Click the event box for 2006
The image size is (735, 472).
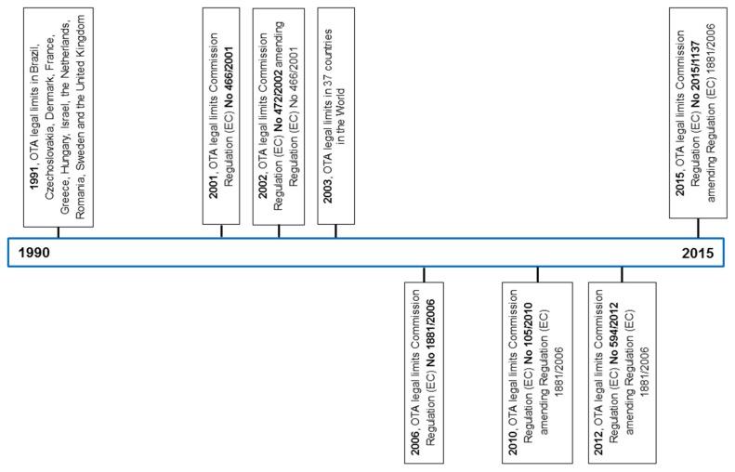click(425, 369)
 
